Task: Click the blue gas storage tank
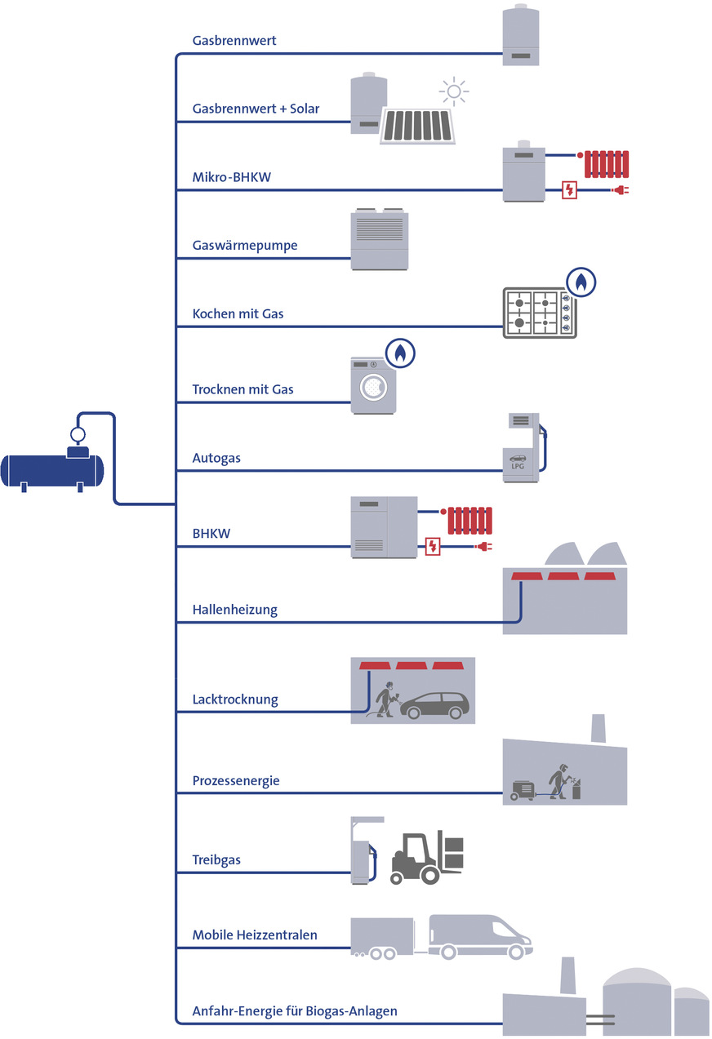point(53,471)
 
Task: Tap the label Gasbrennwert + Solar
point(256,109)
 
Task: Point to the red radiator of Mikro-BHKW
point(605,163)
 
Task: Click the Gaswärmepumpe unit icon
point(380,241)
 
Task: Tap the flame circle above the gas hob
point(581,282)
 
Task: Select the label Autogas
point(216,459)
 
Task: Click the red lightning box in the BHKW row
point(433,546)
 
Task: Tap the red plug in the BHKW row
point(484,546)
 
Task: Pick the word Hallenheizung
point(235,610)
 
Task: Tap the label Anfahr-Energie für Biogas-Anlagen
point(295,1011)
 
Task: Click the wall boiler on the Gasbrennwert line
point(520,37)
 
